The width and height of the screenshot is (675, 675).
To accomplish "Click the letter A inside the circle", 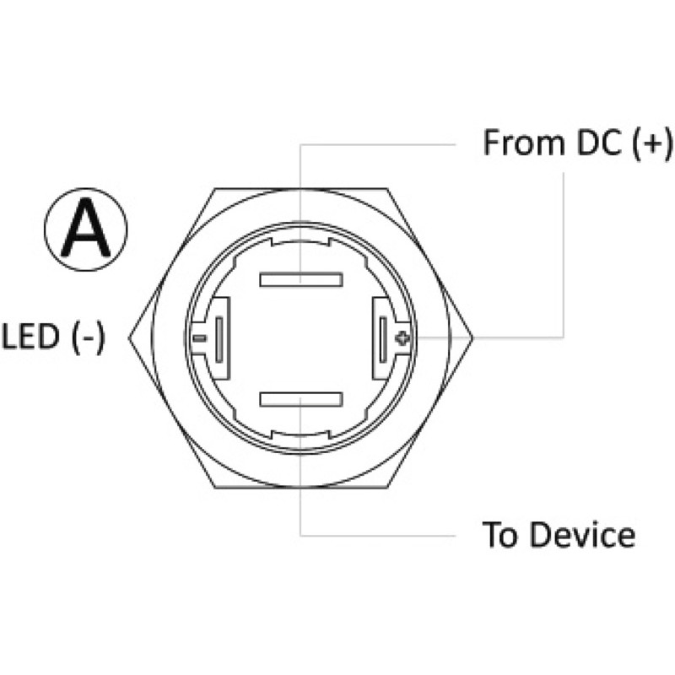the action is coord(86,228).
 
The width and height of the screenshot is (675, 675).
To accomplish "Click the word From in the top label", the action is coord(523,143).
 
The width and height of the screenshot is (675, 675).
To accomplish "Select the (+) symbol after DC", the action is coord(652,143).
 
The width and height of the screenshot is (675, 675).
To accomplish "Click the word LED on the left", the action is coord(31,336).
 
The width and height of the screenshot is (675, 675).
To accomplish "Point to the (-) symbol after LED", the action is coord(89,337).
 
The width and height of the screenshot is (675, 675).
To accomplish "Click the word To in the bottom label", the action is coord(499,535).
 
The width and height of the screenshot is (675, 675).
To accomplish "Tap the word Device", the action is coord(582,535).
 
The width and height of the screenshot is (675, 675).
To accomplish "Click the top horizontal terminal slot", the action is coord(301,279).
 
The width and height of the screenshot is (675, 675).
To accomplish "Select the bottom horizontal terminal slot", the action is coord(301,399).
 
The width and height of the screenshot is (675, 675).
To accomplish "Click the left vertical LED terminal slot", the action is coord(219,339).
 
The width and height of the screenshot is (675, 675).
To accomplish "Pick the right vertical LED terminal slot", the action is coord(383,339).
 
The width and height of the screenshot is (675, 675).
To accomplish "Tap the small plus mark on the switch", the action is coord(402,338).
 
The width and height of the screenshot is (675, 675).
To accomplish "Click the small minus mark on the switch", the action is coord(199,338).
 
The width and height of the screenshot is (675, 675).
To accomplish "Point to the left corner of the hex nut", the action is coord(129,338).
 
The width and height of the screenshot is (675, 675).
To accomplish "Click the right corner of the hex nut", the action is coord(472,338).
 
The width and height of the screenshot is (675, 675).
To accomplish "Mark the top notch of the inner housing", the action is coord(300,242).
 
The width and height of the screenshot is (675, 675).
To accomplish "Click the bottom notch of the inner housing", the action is coord(300,434).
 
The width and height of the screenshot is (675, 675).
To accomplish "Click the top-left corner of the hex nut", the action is coord(215,188).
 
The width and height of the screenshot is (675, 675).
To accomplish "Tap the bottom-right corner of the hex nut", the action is coord(387,488).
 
